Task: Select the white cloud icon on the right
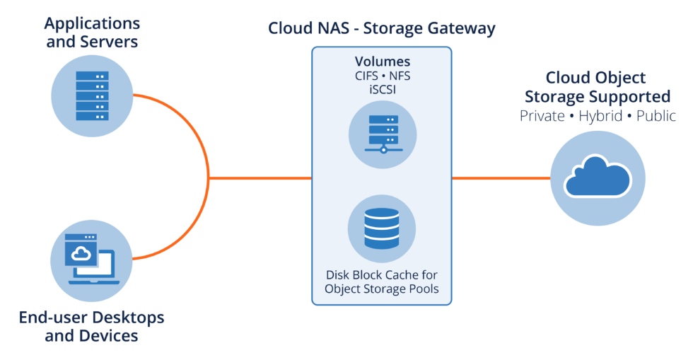click(x=598, y=177)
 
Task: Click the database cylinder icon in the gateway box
click(x=381, y=229)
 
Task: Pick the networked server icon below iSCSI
click(x=382, y=133)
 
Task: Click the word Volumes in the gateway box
click(x=382, y=62)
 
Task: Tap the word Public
click(x=655, y=116)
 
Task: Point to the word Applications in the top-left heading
click(x=92, y=23)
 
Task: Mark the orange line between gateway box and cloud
click(x=501, y=178)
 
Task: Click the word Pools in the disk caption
click(x=421, y=289)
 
